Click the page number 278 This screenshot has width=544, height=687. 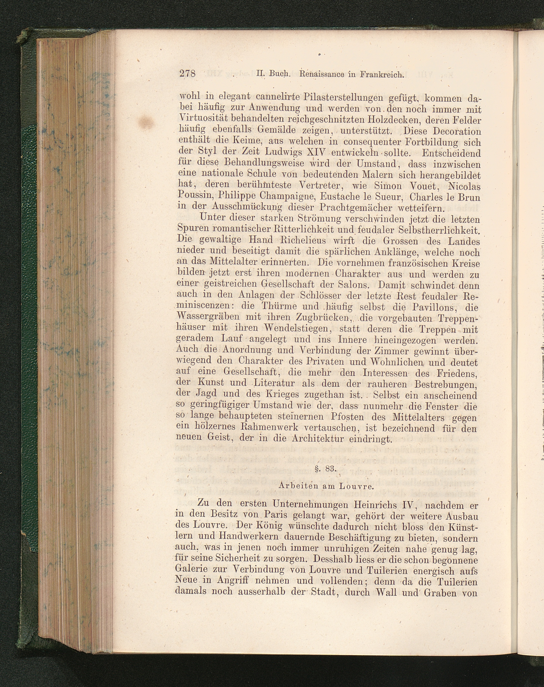pos(187,73)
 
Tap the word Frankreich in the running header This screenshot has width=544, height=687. pos(382,75)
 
